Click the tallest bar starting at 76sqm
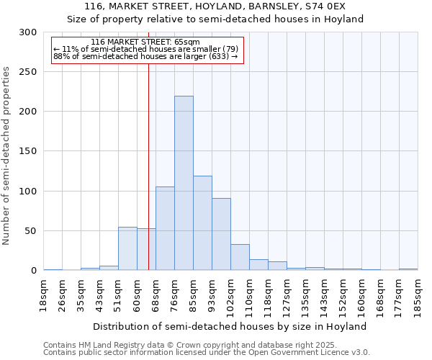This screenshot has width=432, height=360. click(x=184, y=184)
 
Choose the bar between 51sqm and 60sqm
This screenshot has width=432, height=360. click(x=127, y=249)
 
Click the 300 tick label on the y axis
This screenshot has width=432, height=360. click(x=28, y=32)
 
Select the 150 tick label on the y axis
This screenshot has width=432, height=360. click(x=28, y=151)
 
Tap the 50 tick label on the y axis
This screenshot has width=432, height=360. click(x=31, y=231)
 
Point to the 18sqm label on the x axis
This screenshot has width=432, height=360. click(x=44, y=295)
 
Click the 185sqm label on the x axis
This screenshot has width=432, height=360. click(x=418, y=295)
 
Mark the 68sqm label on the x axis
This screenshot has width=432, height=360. click(x=156, y=295)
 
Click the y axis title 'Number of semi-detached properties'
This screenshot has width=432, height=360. click(x=6, y=156)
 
